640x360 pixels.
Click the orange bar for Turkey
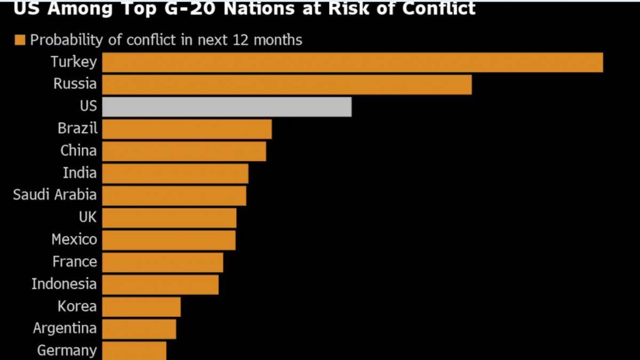pos(352,62)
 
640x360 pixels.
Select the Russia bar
pos(286,84)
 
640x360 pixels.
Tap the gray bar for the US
pos(227,107)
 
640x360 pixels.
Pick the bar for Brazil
pos(187,129)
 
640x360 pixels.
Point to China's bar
pos(184,151)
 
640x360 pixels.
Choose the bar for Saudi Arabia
pos(174,196)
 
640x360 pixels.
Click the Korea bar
pos(141,307)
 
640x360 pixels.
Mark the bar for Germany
pos(134,350)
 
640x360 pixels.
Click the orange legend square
pos(21,40)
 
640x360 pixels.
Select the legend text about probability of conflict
pos(166,40)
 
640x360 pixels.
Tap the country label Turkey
pos(74,62)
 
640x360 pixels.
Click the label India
pos(80,173)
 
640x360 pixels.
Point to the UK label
pos(87,217)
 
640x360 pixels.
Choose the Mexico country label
pos(75,239)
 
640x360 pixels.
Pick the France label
pos(75,262)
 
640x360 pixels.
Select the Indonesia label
pos(64,284)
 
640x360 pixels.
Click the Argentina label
pos(65,328)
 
